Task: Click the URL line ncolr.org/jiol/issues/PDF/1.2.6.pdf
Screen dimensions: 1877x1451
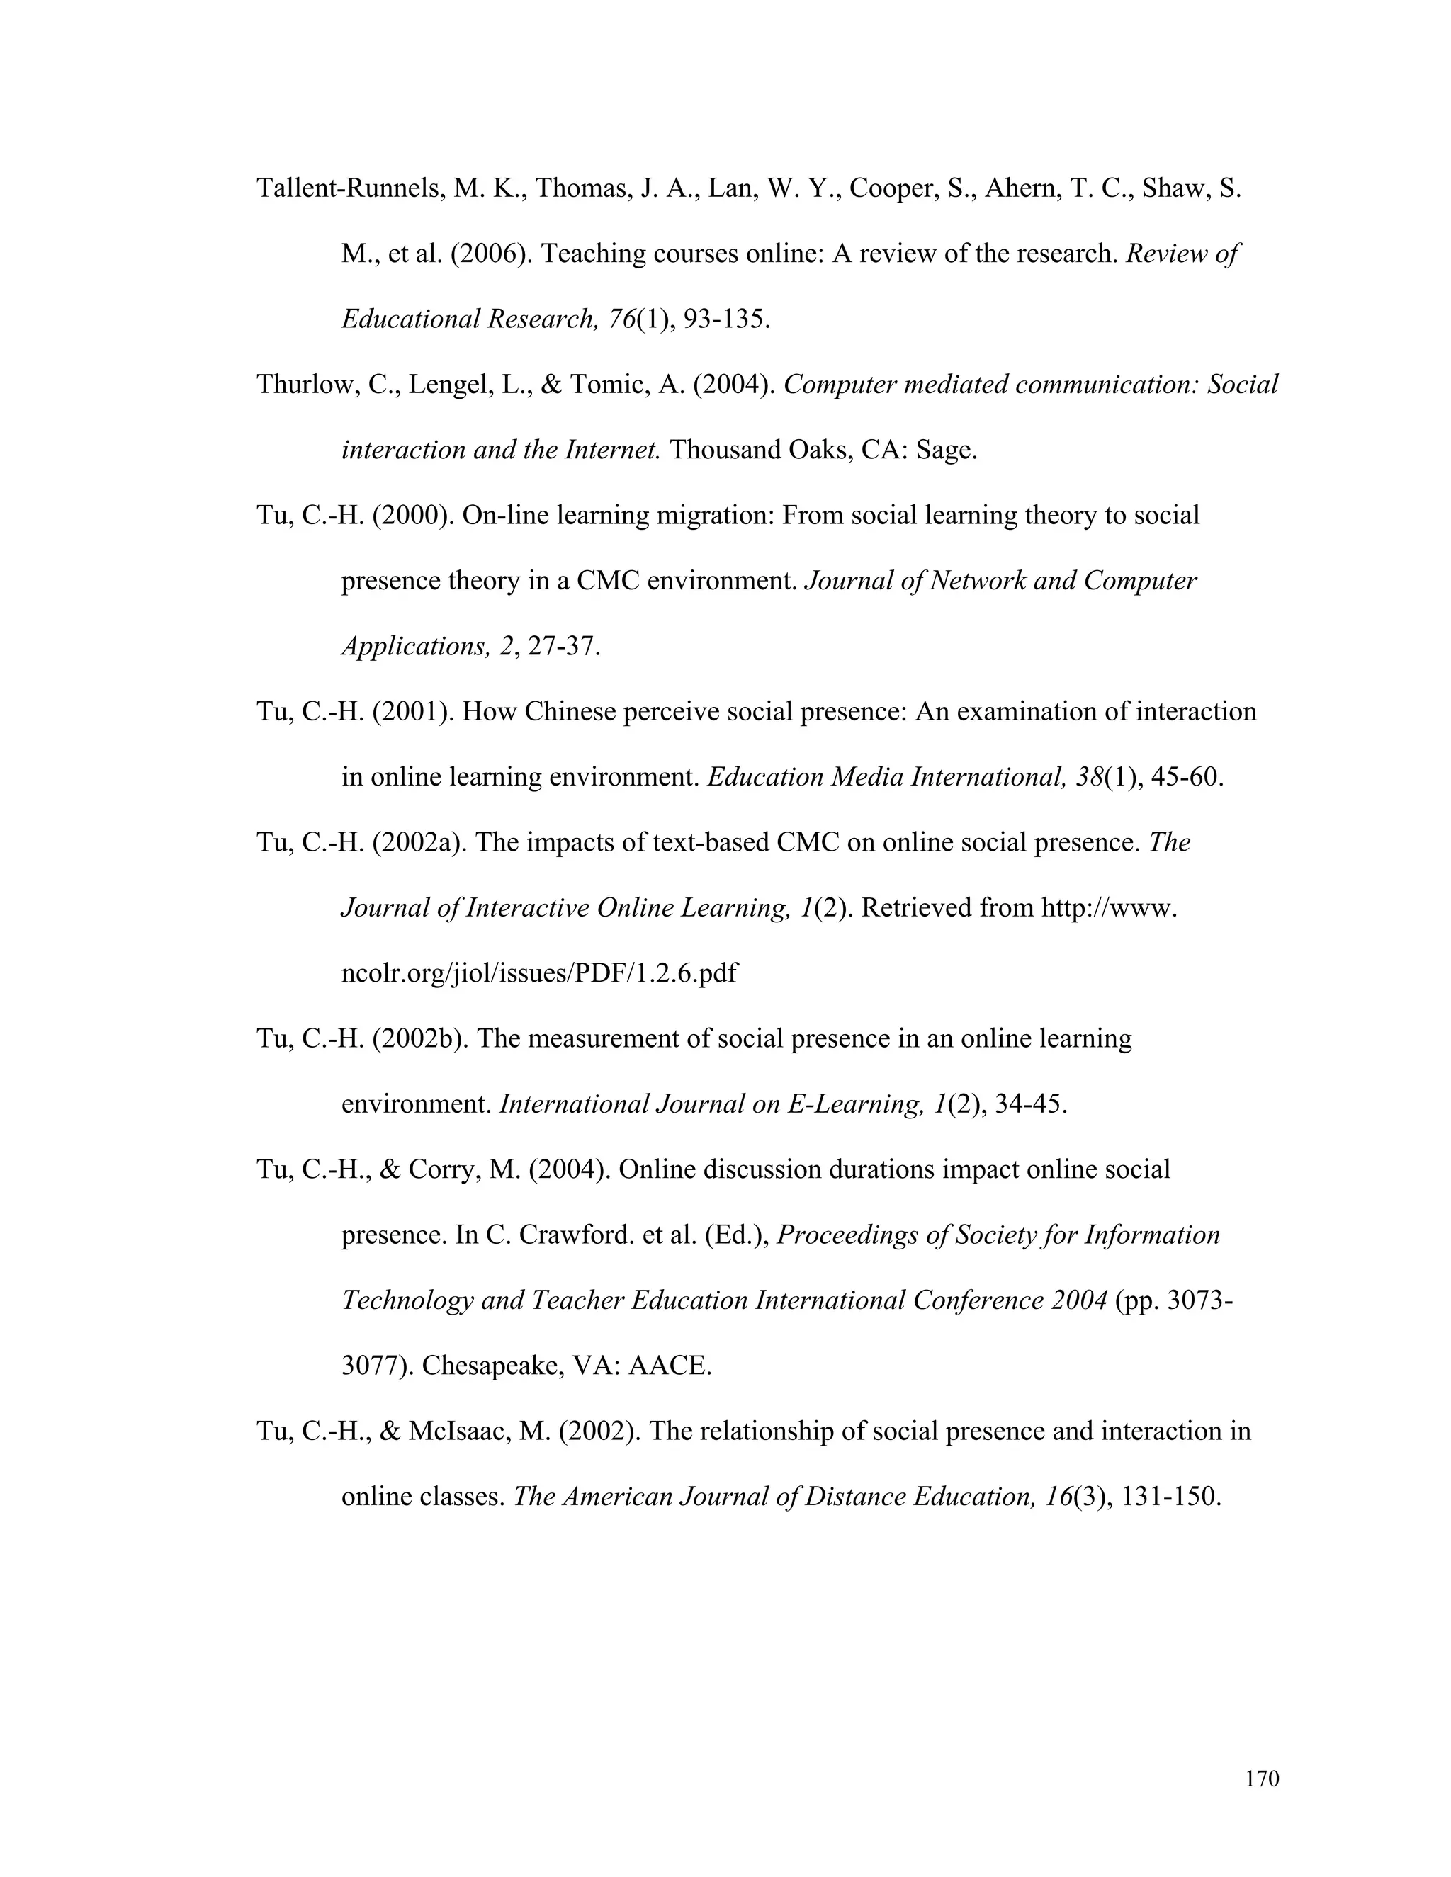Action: pyautogui.click(x=539, y=974)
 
